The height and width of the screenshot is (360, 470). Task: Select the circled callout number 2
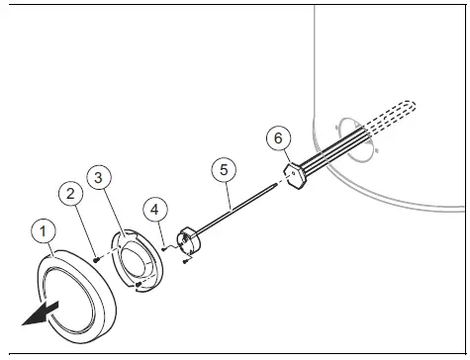point(69,195)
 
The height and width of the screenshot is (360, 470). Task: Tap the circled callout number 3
point(97,178)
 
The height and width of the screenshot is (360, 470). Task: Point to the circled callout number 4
point(153,210)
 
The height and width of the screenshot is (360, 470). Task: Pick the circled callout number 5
point(225,169)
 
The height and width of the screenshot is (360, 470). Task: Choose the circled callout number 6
point(278,138)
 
